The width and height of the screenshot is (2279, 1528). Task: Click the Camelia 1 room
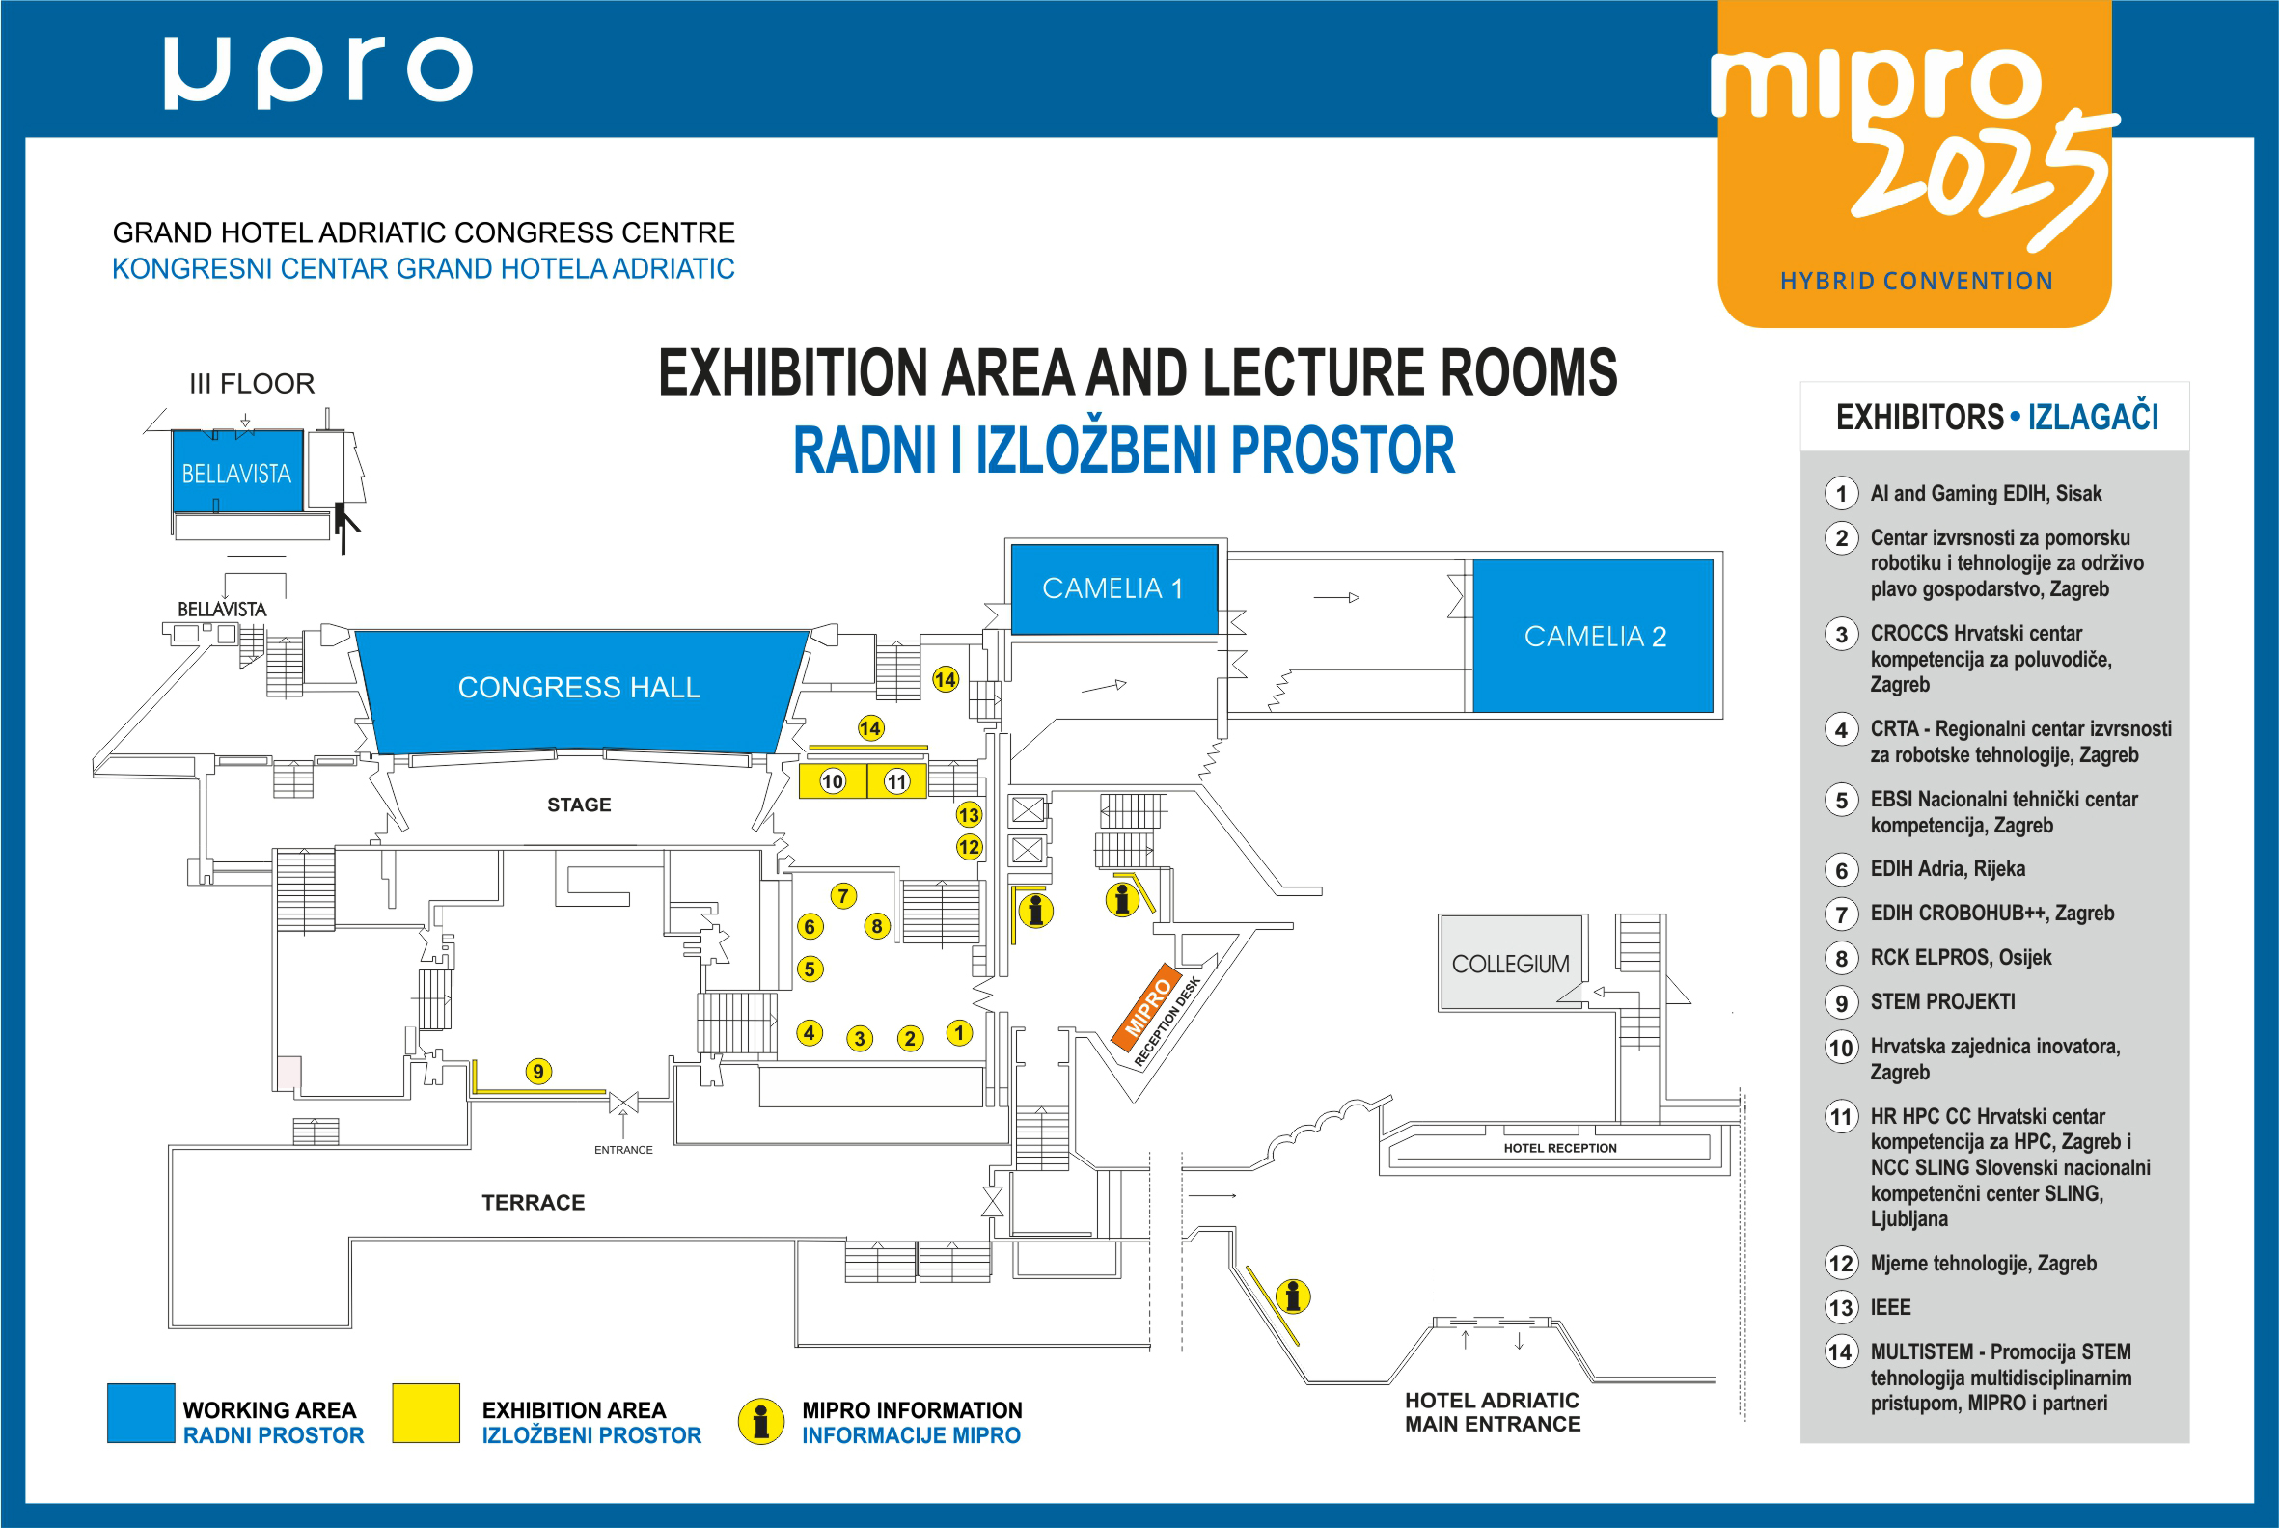pyautogui.click(x=1114, y=588)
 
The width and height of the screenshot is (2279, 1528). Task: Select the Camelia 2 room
pyautogui.click(x=1593, y=636)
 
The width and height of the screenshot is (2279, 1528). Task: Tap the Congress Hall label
pyautogui.click(x=579, y=687)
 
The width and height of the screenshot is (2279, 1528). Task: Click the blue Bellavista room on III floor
pyautogui.click(x=236, y=472)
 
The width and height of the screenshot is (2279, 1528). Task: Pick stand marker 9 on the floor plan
pyautogui.click(x=538, y=1072)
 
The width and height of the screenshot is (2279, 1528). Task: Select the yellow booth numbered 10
pyautogui.click(x=833, y=780)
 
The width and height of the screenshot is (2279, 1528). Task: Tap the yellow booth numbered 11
pyautogui.click(x=896, y=780)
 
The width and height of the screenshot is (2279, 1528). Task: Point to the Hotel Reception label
pyautogui.click(x=1559, y=1148)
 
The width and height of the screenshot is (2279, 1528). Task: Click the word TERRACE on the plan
pyautogui.click(x=534, y=1203)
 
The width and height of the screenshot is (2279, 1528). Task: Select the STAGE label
pyautogui.click(x=579, y=805)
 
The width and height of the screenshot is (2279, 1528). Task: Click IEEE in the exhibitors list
pyautogui.click(x=1890, y=1308)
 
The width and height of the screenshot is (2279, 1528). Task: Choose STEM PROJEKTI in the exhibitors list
pyautogui.click(x=1942, y=1001)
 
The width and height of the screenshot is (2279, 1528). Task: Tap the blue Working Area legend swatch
pyautogui.click(x=141, y=1413)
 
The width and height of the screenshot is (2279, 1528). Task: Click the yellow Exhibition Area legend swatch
pyautogui.click(x=426, y=1413)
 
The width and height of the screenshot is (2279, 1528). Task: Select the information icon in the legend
pyautogui.click(x=761, y=1422)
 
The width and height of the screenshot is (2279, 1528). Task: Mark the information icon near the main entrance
pyautogui.click(x=1293, y=1297)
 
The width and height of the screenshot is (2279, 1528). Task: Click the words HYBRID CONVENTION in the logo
pyautogui.click(x=1916, y=282)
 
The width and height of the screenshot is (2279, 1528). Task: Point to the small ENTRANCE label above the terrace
pyautogui.click(x=624, y=1150)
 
